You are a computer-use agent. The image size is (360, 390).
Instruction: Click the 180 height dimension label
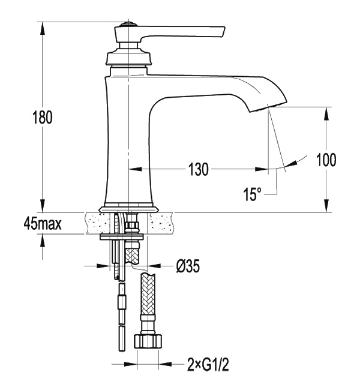(43, 118)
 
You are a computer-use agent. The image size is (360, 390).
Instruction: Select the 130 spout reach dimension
(198, 169)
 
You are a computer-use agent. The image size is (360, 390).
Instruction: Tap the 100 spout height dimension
(326, 160)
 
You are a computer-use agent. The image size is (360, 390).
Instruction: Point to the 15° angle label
(252, 194)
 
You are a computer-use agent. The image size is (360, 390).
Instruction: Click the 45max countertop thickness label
(43, 224)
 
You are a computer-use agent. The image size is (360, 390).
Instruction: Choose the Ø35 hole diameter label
(188, 266)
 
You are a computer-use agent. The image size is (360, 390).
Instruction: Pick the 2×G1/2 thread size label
(208, 365)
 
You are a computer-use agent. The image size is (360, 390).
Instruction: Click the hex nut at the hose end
(148, 341)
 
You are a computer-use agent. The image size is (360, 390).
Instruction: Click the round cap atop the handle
(128, 25)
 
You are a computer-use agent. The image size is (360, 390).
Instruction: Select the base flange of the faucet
(128, 209)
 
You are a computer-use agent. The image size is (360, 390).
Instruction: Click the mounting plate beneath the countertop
(122, 237)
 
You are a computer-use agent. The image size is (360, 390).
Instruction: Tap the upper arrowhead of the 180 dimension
(43, 28)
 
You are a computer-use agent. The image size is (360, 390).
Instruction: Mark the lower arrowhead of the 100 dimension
(326, 206)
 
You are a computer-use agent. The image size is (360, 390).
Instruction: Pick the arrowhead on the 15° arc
(292, 163)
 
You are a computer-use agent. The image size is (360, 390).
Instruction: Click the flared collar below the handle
(128, 58)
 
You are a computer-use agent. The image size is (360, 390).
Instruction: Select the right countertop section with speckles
(160, 223)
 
